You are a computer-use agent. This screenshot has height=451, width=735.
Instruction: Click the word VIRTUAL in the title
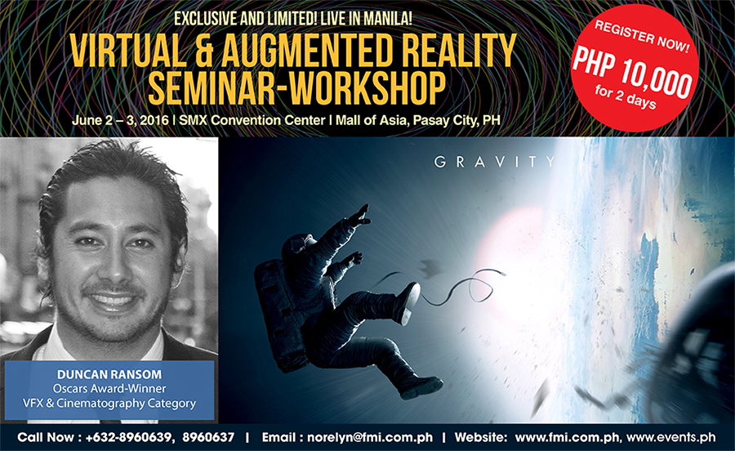[x=128, y=51]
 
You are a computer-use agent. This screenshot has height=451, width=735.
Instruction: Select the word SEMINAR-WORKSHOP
[x=296, y=87]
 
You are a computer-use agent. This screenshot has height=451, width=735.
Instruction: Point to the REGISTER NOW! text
[x=642, y=36]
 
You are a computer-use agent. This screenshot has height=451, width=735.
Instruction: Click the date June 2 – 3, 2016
[x=121, y=120]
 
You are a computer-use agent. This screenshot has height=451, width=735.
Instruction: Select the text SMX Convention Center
[x=252, y=120]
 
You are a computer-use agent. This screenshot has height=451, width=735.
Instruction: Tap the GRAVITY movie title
[x=495, y=163]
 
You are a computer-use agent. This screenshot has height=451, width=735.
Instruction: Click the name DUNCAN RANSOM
[x=109, y=374]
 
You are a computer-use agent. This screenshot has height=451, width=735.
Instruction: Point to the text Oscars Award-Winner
[x=109, y=388]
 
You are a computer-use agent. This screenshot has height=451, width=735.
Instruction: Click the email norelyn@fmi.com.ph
[x=370, y=437]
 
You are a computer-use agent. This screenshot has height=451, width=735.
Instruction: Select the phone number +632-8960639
[x=128, y=437]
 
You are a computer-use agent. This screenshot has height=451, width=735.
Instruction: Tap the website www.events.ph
[x=670, y=437]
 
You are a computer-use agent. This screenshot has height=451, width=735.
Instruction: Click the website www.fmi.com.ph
[x=568, y=437]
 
